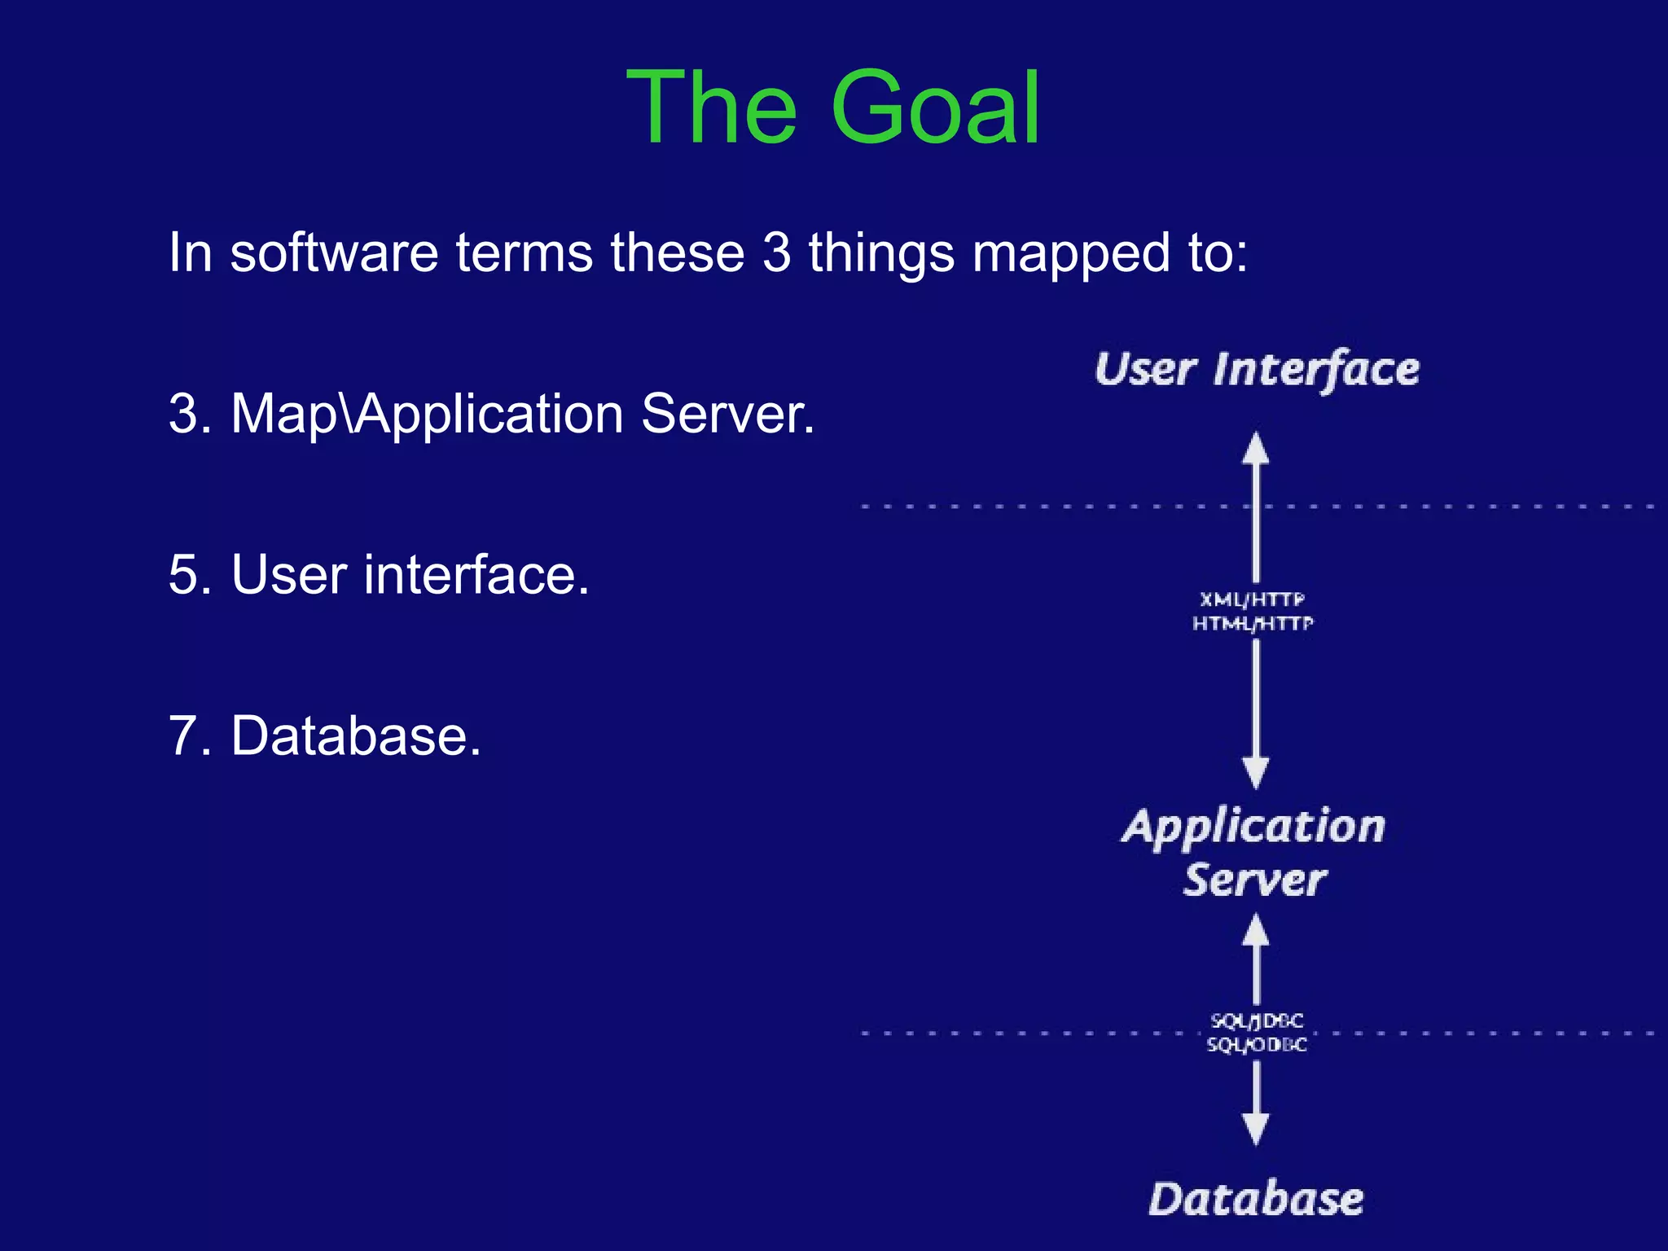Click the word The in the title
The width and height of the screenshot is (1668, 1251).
(711, 108)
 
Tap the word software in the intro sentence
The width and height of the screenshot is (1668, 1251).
(334, 252)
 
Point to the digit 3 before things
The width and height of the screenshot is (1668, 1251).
(777, 252)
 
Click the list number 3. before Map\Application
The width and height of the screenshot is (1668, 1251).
(189, 414)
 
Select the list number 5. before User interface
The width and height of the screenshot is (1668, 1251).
(189, 575)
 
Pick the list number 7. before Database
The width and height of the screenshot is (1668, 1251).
(189, 735)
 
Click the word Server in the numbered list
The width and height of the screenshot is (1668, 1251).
(726, 414)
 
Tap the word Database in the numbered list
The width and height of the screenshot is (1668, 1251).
(356, 735)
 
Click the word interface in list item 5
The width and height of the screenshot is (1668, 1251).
(476, 575)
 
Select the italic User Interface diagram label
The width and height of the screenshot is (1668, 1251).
(1257, 371)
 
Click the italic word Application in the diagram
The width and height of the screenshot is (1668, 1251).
(1253, 827)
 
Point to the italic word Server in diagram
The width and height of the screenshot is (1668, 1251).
(1254, 880)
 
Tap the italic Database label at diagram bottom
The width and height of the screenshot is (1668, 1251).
(1256, 1199)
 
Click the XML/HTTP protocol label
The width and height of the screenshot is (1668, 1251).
(1253, 600)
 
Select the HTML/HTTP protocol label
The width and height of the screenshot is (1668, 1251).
(1253, 624)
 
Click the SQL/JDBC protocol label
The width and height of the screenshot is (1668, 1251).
(1257, 1021)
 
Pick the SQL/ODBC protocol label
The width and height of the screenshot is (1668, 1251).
(1257, 1044)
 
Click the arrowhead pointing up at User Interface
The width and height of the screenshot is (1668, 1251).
(1256, 448)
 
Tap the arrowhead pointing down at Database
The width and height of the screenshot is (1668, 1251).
(1256, 1129)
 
